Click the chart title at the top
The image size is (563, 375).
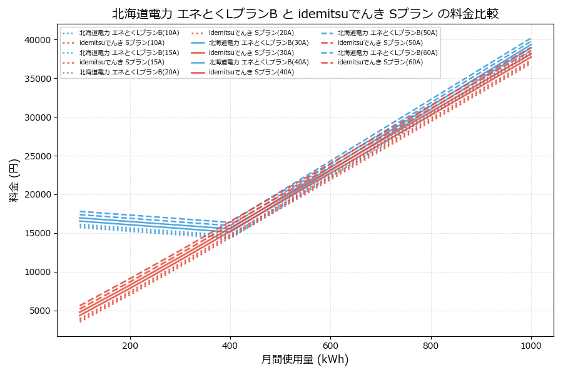[x=305, y=14]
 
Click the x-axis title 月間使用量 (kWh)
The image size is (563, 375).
[x=305, y=360]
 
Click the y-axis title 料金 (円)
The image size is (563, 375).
[x=14, y=180]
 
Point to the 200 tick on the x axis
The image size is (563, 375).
[x=130, y=345]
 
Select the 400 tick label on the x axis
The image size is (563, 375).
[x=230, y=345]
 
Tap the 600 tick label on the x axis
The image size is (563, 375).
[x=330, y=345]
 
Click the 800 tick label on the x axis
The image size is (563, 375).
[x=431, y=345]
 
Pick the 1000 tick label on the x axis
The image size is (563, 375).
[x=531, y=345]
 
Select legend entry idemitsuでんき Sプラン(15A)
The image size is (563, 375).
[x=122, y=62]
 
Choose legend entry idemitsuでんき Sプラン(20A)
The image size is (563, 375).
[x=251, y=32]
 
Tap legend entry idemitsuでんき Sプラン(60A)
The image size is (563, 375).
[x=380, y=62]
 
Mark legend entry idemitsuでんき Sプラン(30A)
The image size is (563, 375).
[x=251, y=52]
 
